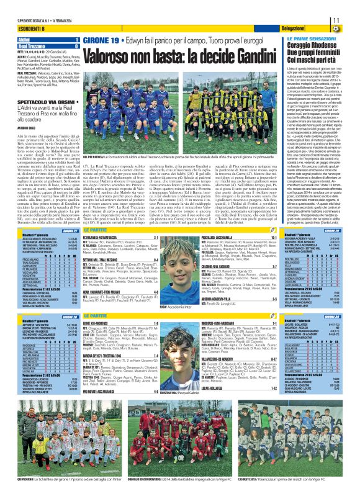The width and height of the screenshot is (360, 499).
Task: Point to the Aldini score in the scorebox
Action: pyautogui.click(x=76, y=40)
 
